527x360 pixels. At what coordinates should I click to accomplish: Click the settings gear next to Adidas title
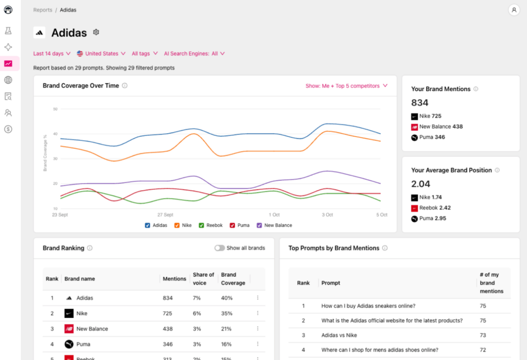96,32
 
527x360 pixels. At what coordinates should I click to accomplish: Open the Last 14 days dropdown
51,53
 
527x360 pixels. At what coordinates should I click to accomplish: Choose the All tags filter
144,53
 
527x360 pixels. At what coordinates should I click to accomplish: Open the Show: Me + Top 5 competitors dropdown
346,86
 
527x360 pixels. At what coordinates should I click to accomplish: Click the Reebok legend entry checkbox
202,225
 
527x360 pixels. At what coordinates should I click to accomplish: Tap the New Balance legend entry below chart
259,225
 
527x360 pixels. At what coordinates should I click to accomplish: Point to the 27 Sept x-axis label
165,215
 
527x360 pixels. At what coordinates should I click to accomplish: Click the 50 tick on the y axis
55,109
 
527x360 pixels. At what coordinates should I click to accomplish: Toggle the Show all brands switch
220,248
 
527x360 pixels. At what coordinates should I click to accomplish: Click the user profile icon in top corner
513,10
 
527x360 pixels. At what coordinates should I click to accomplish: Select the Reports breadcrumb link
43,10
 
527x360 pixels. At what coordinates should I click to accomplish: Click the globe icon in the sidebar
8,80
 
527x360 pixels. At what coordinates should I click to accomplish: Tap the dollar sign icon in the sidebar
8,129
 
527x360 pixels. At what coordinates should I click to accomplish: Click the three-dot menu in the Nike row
257,313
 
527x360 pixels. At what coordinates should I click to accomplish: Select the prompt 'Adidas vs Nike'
339,335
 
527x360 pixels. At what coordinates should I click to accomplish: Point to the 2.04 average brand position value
420,184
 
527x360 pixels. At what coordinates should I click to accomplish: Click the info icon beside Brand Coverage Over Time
125,86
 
